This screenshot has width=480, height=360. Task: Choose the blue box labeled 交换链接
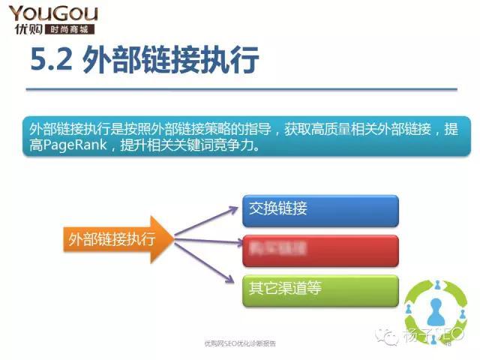coord(319,209)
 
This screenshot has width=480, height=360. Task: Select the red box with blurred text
coord(319,248)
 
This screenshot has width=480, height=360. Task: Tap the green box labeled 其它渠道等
coord(319,288)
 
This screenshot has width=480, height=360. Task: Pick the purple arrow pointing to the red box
coord(206,241)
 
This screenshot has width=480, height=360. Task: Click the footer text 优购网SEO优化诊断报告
coord(240,343)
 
